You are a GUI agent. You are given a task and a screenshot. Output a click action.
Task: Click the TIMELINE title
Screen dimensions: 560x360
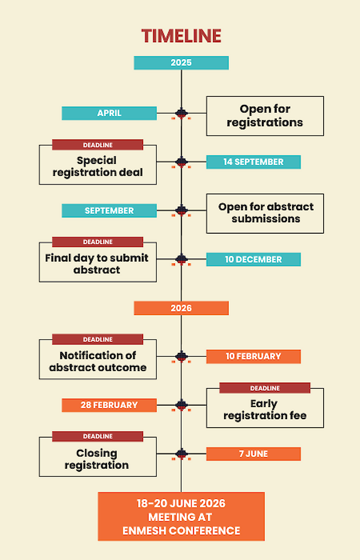click(x=181, y=36)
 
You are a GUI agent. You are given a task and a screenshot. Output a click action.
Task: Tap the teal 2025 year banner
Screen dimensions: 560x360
click(x=181, y=63)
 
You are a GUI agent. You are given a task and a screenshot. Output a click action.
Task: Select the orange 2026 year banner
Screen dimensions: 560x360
click(x=181, y=308)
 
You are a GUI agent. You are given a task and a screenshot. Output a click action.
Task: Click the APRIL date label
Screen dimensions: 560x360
click(x=109, y=113)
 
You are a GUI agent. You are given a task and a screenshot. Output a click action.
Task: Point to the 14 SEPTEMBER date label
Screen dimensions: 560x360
click(x=253, y=162)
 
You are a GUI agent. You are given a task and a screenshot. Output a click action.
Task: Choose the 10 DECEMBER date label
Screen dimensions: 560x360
click(x=253, y=259)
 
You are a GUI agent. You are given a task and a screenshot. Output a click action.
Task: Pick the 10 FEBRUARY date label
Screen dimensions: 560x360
click(x=253, y=357)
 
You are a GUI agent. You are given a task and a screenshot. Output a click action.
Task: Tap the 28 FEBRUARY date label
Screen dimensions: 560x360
click(x=109, y=405)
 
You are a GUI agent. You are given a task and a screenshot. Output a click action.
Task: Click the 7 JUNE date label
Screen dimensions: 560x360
click(x=253, y=454)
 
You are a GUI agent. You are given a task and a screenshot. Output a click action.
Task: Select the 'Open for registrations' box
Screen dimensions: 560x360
click(x=265, y=116)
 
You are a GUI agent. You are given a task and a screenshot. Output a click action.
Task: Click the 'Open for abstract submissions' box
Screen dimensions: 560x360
click(x=265, y=213)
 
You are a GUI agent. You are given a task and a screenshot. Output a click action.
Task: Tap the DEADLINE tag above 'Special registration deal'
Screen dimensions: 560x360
click(x=98, y=145)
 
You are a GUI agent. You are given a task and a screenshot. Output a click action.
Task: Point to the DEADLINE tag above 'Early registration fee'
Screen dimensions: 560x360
click(x=265, y=388)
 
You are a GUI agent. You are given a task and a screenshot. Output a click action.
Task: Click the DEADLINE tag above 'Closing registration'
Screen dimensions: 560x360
click(x=98, y=436)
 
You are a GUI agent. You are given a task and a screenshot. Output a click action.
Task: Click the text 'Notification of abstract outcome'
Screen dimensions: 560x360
click(x=98, y=361)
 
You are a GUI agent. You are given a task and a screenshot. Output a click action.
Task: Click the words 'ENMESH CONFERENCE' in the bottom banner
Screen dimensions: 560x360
click(x=181, y=531)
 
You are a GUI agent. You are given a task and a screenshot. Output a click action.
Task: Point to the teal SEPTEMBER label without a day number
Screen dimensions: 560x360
click(x=109, y=211)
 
